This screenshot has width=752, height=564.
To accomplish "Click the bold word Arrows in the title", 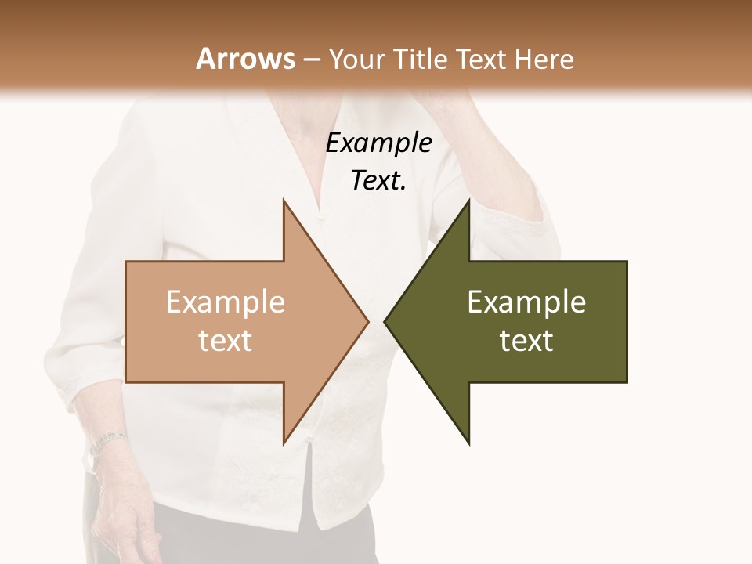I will (x=245, y=59).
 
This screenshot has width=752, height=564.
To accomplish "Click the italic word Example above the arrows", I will (x=378, y=143).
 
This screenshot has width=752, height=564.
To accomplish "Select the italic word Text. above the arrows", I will (x=378, y=181).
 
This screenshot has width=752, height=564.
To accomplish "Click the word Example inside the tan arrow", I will (x=226, y=302).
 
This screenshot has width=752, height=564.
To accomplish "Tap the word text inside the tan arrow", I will (x=226, y=341).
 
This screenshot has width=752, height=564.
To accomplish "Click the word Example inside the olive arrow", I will (x=526, y=302).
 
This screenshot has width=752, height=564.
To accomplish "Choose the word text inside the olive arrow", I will (x=526, y=341).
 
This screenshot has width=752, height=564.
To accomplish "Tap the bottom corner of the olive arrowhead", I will (x=468, y=443).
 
